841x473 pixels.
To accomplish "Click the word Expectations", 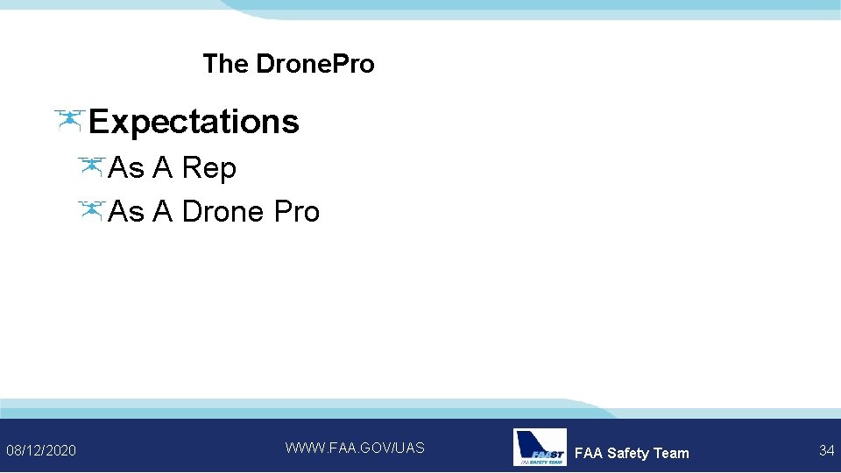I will (194, 122).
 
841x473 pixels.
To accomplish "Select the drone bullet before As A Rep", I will (90, 166).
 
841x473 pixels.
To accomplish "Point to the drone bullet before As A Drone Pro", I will (90, 210).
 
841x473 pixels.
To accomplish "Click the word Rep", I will (209, 168).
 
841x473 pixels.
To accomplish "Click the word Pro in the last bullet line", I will (297, 211).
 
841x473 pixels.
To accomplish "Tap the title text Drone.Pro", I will (315, 64).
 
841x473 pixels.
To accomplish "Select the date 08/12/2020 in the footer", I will (41, 450).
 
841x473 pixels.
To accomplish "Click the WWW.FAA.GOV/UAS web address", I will (355, 448).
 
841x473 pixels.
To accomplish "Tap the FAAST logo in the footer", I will (540, 447).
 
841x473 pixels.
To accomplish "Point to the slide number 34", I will (826, 450).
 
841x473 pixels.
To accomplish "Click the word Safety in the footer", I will (628, 453).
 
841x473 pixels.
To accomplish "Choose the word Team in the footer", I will (671, 453).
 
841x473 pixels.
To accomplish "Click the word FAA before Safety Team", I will (588, 453).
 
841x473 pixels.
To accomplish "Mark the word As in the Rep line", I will (127, 168).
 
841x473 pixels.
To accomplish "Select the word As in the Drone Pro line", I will (127, 211).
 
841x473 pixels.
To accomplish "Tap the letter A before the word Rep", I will (163, 168).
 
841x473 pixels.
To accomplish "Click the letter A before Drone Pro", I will (163, 211).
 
